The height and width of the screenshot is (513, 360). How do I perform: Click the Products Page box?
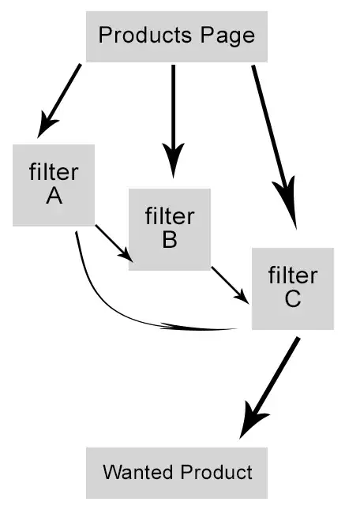coord(176,36)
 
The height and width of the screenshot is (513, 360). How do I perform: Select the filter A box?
coord(54,185)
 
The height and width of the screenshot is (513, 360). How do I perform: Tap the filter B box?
coord(169,229)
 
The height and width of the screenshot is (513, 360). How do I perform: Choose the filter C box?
coord(292,288)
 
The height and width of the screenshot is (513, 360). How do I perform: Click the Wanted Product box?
coord(177,473)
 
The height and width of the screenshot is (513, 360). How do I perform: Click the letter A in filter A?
coord(54,197)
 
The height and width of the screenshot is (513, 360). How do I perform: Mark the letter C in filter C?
coord(292,300)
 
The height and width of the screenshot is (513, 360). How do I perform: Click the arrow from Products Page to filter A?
coord(62,98)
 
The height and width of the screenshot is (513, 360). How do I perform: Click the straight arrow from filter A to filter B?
coord(114,242)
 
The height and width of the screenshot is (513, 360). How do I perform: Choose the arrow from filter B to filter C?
coord(230,285)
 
